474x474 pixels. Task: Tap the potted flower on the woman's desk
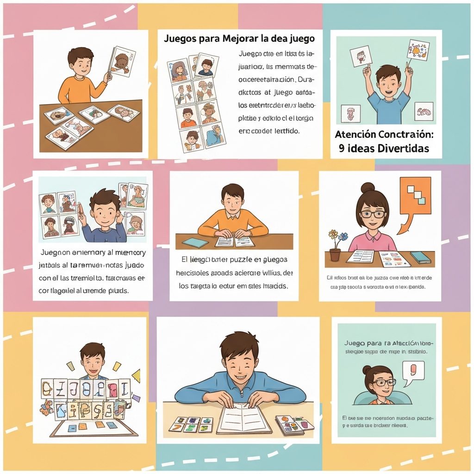point(335,246)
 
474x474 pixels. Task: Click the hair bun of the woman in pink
point(368,187)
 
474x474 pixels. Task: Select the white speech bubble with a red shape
point(413,373)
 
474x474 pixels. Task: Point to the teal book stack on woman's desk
point(420,257)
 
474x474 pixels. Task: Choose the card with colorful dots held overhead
point(418,50)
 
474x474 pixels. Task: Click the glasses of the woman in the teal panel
point(384,382)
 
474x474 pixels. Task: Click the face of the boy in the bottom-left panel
point(93,362)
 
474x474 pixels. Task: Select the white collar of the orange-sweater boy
point(233,215)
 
